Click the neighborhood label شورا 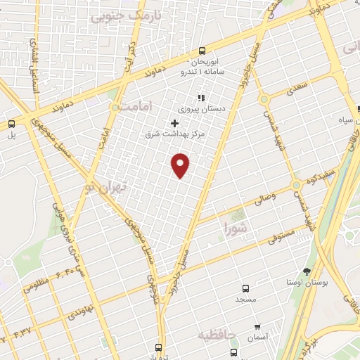point(235,227)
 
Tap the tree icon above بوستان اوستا point(307,271)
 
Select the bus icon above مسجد point(245,288)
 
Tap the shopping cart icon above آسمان point(257,327)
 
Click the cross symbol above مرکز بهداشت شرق point(174,123)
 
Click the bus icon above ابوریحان point(202,51)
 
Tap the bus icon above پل point(11,124)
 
